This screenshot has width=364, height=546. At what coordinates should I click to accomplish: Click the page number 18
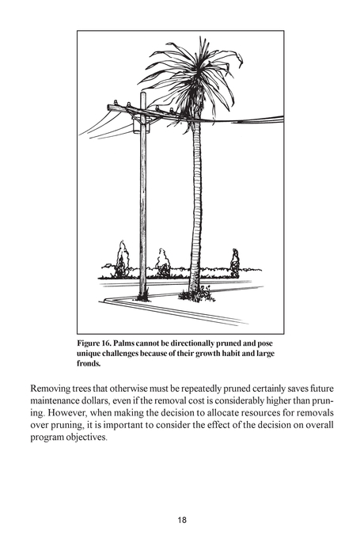[182, 520]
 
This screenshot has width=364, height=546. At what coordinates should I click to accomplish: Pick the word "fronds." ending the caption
[89, 365]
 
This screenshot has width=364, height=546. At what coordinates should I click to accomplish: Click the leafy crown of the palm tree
[192, 75]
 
